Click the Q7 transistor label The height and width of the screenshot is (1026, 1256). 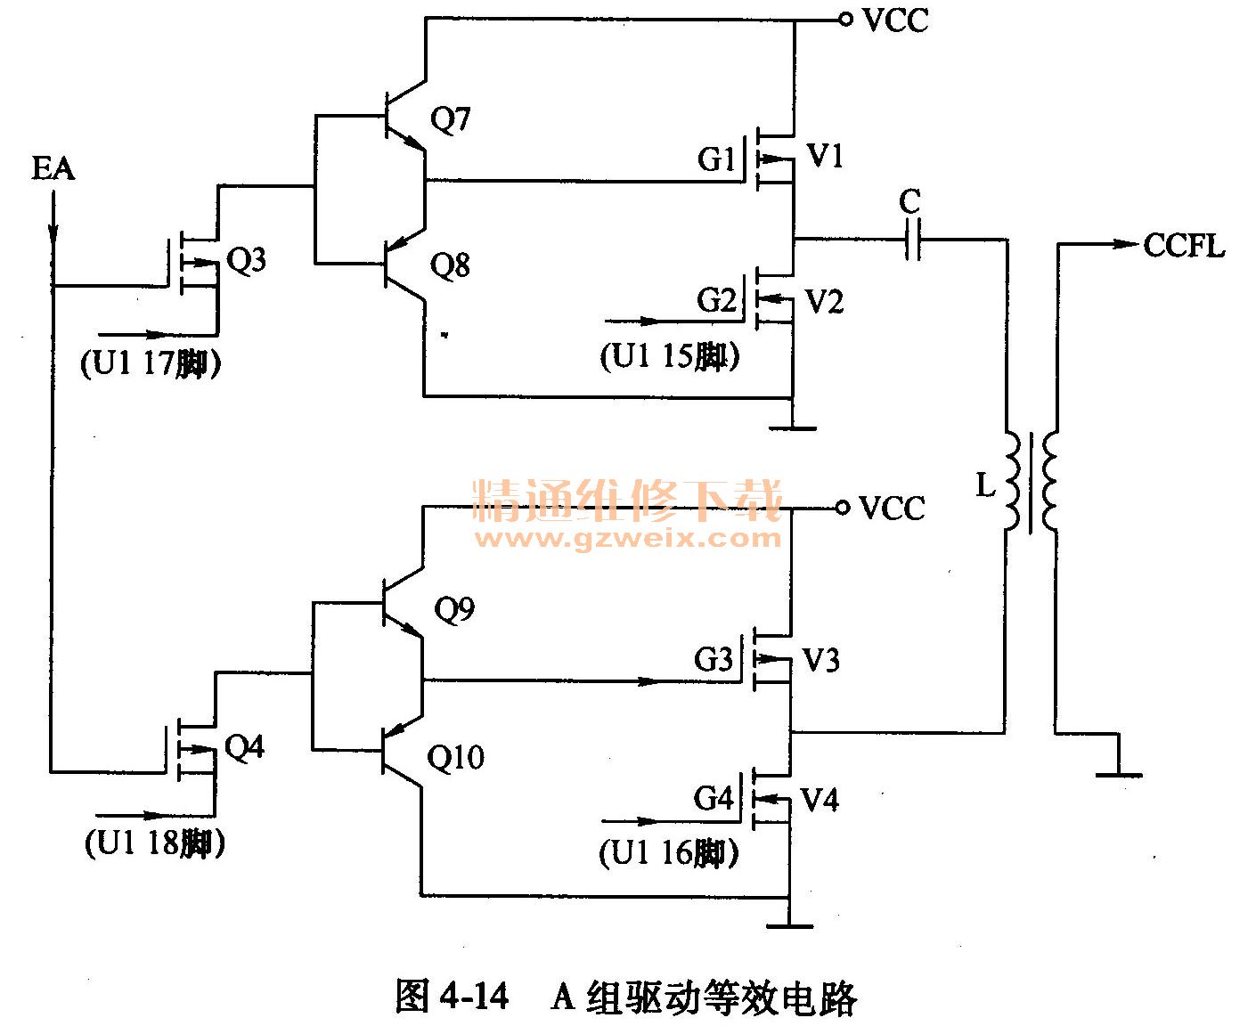(x=450, y=118)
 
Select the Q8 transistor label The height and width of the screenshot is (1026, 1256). (x=450, y=265)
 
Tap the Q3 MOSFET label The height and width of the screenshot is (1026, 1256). (x=246, y=260)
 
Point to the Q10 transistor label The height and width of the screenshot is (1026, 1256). (x=455, y=758)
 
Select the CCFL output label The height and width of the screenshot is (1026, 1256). (x=1184, y=245)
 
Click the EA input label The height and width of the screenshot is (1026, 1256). (x=53, y=167)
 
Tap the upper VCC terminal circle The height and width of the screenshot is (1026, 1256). (x=845, y=20)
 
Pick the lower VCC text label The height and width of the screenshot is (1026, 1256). (x=892, y=509)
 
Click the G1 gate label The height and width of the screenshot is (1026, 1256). (x=716, y=159)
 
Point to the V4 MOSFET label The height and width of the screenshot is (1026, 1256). (x=820, y=800)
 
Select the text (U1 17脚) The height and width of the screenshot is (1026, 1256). (x=151, y=363)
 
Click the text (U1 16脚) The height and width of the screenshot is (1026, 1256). (x=669, y=853)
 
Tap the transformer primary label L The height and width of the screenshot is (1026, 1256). (x=985, y=485)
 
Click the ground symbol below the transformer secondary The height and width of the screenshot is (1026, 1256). (x=1118, y=775)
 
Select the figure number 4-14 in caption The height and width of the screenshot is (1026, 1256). (x=474, y=996)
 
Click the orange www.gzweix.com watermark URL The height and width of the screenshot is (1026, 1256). (x=628, y=538)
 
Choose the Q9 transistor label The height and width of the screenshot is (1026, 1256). (x=454, y=609)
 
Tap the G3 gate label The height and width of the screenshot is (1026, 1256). (x=713, y=660)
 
